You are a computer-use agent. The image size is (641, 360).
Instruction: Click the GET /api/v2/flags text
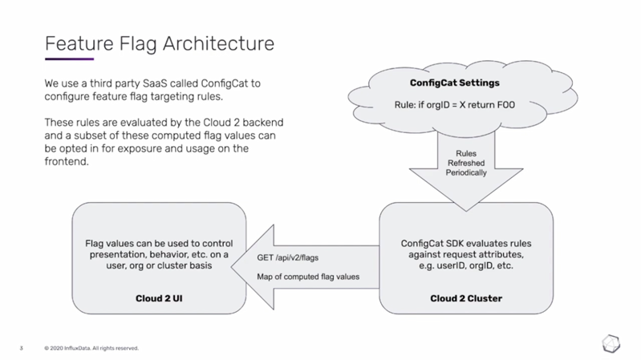(x=288, y=258)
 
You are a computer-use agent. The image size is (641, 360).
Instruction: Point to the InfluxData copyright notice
(x=92, y=348)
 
